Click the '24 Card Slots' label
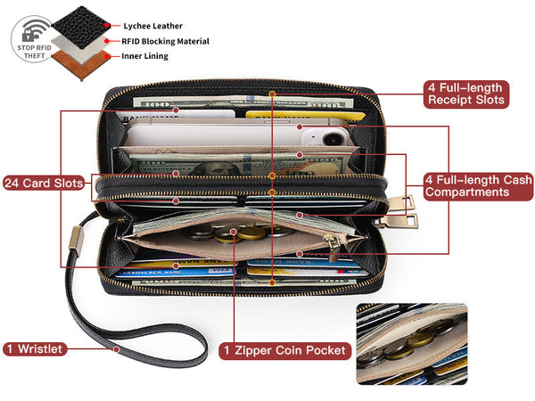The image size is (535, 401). [x=45, y=183]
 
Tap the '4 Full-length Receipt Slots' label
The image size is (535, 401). [x=466, y=94]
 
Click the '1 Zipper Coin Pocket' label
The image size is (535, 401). [x=284, y=350]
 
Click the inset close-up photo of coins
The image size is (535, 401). [x=411, y=343]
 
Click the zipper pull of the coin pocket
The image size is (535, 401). [x=332, y=242]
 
